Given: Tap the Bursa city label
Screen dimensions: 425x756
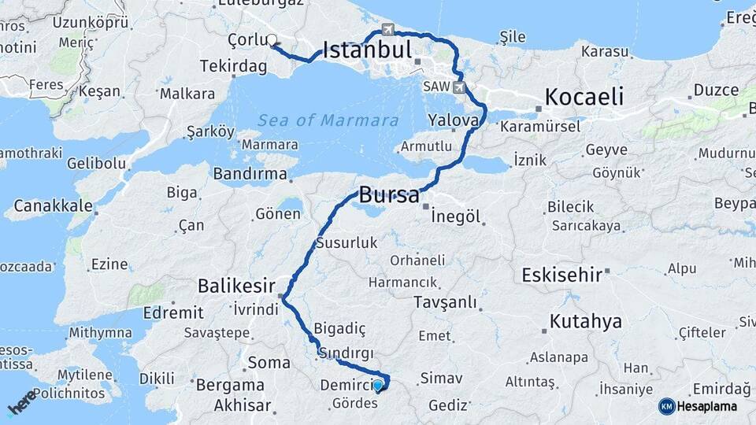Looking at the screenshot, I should click(390, 196).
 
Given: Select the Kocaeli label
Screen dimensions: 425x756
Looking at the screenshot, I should click(584, 98).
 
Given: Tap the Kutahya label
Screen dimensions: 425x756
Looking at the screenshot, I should click(585, 321).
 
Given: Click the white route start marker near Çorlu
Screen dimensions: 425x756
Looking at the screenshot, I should click(272, 40).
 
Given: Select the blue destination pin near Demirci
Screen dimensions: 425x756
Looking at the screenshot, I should click(378, 386).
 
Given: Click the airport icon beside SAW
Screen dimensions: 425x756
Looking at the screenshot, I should click(459, 87).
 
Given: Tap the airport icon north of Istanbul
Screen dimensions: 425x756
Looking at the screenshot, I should click(387, 29).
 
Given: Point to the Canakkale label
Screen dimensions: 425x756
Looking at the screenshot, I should click(48, 208).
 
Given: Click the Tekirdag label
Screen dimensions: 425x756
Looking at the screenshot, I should click(234, 66).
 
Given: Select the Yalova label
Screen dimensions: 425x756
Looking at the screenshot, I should click(454, 120).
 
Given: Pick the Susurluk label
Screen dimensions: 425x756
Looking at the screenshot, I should click(347, 244).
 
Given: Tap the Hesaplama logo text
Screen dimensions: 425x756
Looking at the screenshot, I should click(707, 407).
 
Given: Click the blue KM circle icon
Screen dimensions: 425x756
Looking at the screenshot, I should click(666, 406).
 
